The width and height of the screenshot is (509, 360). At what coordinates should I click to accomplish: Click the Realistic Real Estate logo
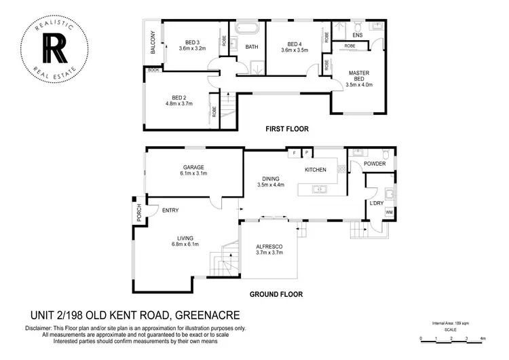click(52, 46)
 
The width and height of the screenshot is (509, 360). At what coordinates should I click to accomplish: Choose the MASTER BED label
click(358, 76)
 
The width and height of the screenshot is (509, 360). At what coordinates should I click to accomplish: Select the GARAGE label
click(193, 167)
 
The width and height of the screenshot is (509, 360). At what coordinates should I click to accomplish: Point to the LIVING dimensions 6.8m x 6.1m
click(185, 245)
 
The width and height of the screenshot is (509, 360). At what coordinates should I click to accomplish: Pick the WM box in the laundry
click(389, 213)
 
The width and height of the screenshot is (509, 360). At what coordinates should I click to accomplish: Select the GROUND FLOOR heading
click(275, 294)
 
